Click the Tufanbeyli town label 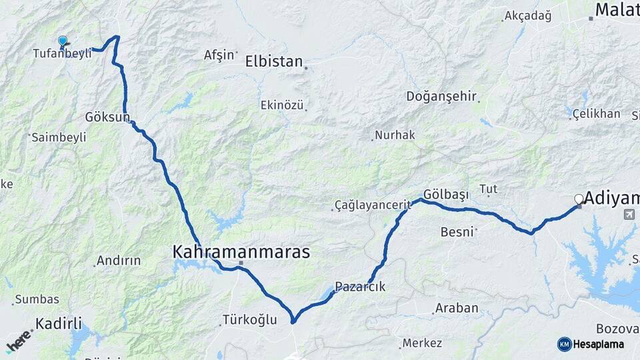[62, 54]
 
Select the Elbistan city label [273, 62]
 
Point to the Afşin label [219, 55]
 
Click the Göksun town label [107, 117]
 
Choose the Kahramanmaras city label [241, 252]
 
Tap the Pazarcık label [360, 287]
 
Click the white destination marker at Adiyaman [579, 199]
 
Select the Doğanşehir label [441, 97]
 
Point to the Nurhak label [395, 135]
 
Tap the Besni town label [457, 232]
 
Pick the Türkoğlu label [250, 320]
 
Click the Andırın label [118, 261]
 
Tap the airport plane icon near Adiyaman [628, 215]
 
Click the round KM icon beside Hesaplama [565, 344]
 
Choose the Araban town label [457, 308]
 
